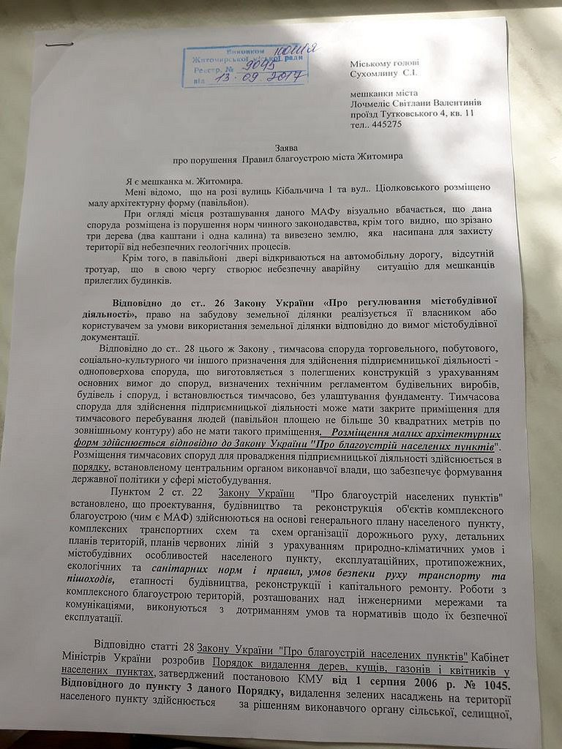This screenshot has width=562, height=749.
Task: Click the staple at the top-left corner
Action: (x=54, y=45)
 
